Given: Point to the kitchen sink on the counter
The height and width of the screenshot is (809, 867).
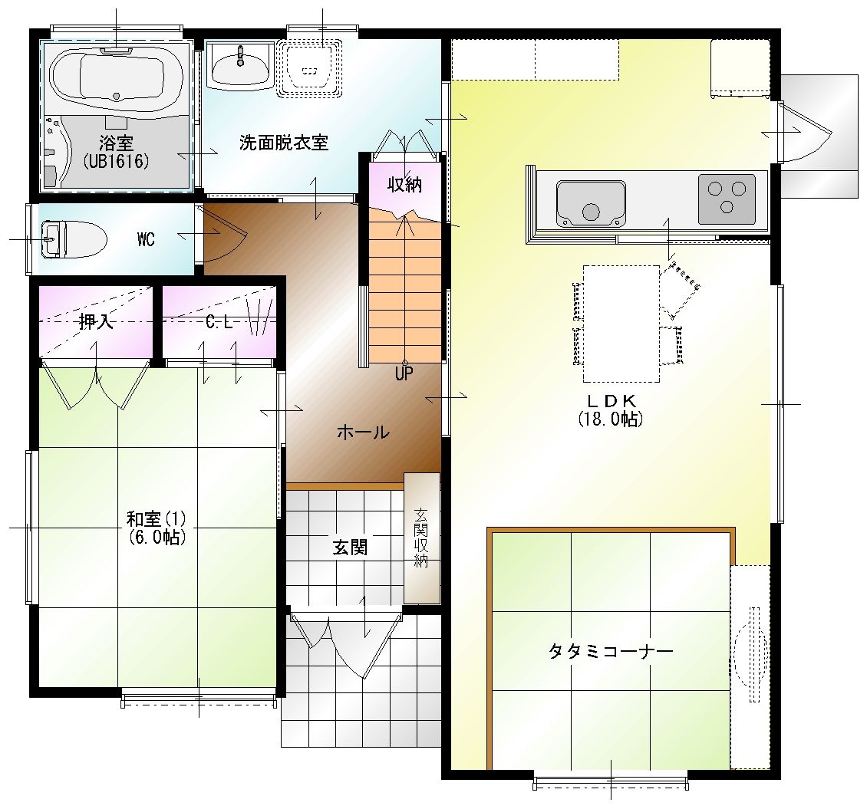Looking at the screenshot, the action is coord(591,203).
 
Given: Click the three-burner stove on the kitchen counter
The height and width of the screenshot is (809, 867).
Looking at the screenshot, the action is coord(727,199).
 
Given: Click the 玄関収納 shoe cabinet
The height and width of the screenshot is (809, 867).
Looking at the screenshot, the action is coord(422,538).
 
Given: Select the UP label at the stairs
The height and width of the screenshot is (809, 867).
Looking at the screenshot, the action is coord(404,374).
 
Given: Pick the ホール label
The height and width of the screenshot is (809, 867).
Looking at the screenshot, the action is coord(363,432).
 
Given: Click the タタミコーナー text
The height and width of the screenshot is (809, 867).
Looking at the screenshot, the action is coord(611,651).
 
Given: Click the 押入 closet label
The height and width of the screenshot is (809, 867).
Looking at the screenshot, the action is coord(96,321).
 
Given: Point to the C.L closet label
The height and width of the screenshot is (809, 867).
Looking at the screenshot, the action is coord(219,321).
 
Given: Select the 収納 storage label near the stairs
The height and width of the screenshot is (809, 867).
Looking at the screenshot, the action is coord(405,185).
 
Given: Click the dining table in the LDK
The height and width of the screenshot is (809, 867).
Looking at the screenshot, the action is coord(621,324).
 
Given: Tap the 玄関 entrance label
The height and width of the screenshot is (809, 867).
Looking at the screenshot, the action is coord(350,548).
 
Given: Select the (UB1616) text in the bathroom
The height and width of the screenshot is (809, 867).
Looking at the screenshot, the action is coord(116,161).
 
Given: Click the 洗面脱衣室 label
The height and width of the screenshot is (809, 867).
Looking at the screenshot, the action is coord(284,143).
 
